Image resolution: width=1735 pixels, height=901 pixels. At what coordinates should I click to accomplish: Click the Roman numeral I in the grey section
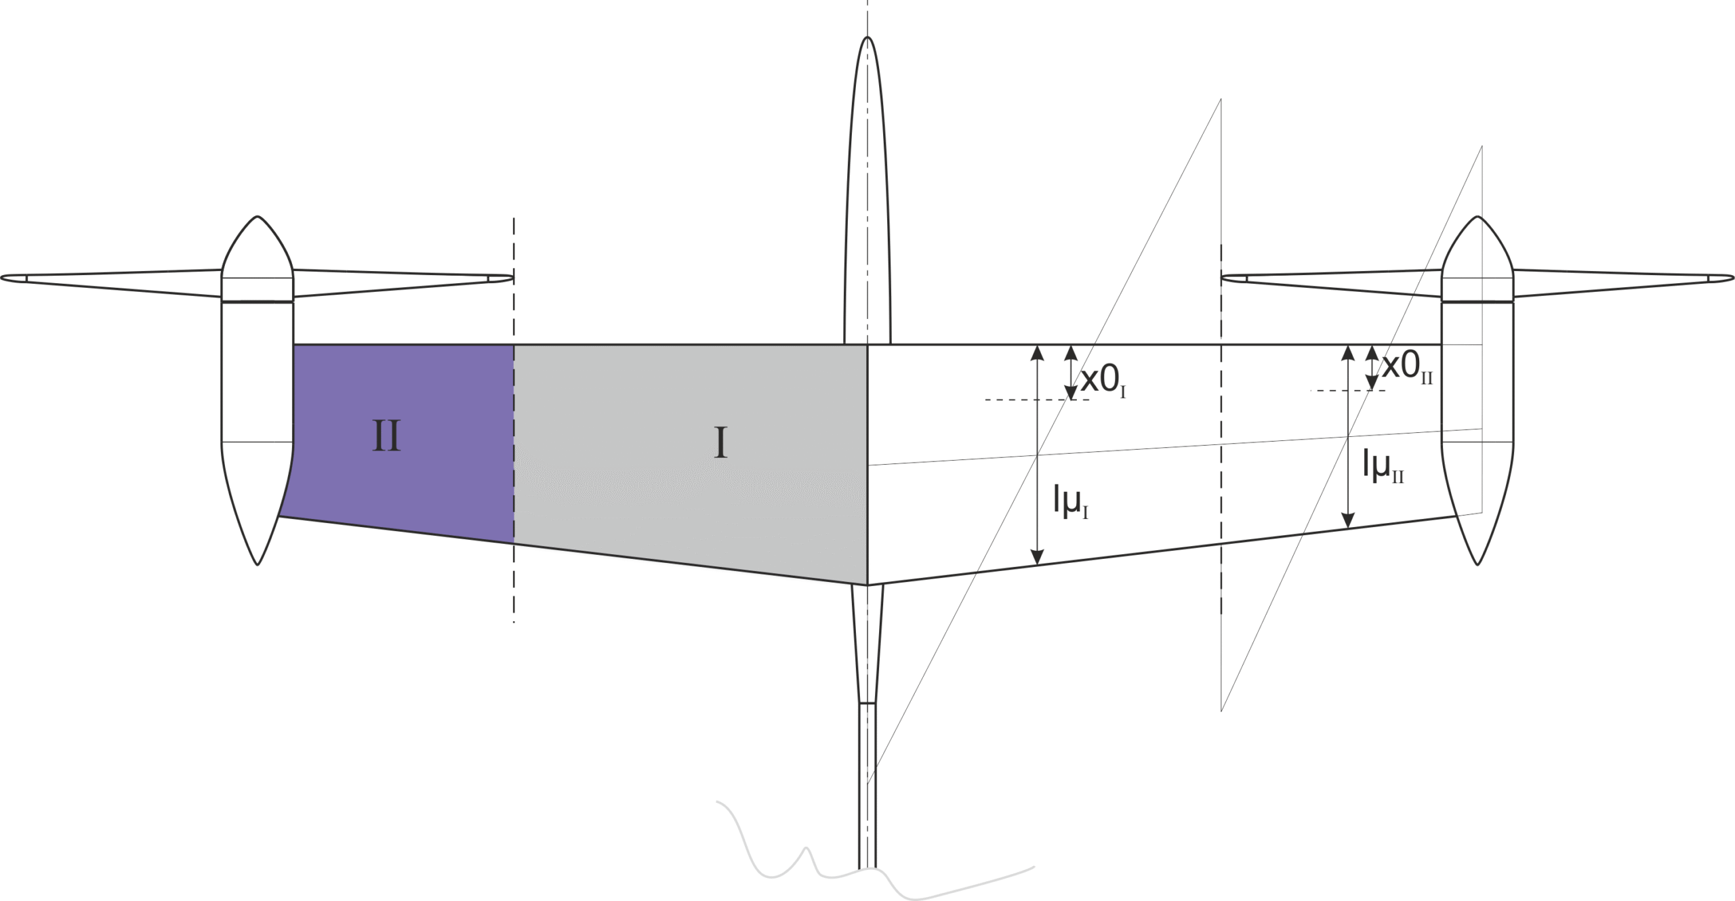point(720,444)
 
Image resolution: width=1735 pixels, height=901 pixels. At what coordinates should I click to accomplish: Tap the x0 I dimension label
point(1103,382)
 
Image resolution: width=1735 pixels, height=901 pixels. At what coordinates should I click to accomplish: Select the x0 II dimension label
point(1408,368)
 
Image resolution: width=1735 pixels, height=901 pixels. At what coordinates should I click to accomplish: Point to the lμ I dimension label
point(1071,502)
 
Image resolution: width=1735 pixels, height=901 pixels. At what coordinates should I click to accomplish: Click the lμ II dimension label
point(1383,467)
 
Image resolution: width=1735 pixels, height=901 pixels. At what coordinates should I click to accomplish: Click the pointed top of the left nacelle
point(258,216)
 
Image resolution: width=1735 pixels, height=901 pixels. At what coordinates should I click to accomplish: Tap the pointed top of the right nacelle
point(1477,216)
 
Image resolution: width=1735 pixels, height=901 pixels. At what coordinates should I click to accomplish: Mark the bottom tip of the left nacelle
point(258,564)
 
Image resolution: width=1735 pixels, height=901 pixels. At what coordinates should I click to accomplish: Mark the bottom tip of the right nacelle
point(1477,564)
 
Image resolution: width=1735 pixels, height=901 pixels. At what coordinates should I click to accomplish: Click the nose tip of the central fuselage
point(867,37)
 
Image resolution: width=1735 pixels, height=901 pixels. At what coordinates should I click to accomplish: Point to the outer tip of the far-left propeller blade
point(2,277)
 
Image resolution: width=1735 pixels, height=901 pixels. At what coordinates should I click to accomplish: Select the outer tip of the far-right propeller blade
point(1733,277)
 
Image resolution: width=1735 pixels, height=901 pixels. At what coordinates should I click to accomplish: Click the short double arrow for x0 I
point(1071,372)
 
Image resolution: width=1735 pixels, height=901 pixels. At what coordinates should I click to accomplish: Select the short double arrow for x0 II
point(1372,368)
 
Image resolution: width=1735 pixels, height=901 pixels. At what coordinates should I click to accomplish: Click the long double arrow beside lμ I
point(1037,455)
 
